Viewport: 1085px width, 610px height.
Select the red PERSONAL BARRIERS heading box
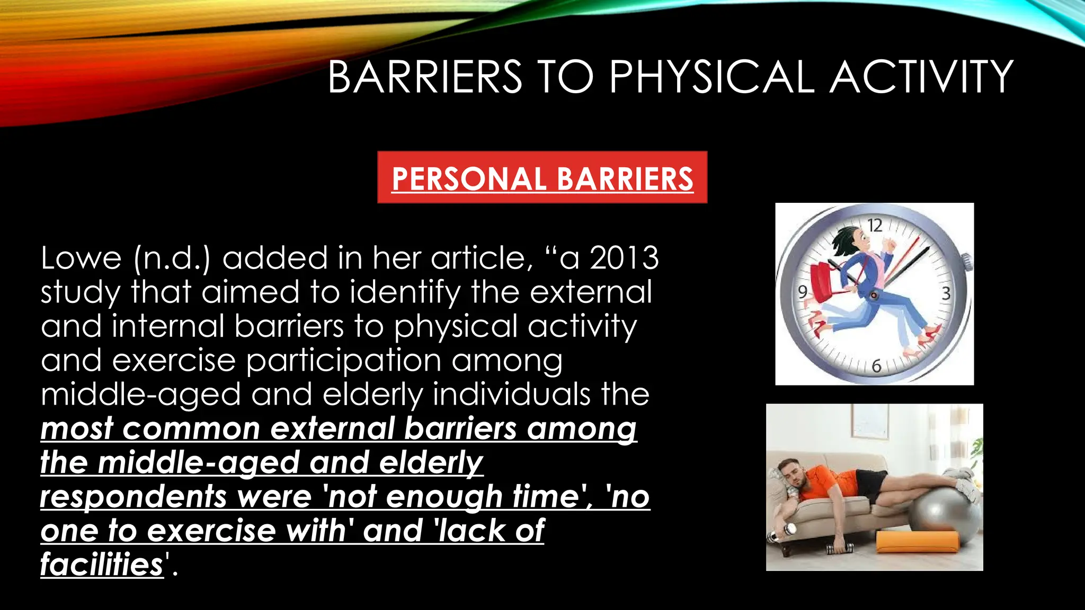click(542, 177)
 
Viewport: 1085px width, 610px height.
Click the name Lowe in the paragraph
click(81, 258)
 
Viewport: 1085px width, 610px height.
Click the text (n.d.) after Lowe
click(172, 258)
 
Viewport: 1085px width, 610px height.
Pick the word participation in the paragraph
click(343, 361)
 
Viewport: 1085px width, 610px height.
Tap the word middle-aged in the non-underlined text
click(141, 395)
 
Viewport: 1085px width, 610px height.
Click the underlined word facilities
click(102, 564)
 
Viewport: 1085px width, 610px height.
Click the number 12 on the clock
click(875, 226)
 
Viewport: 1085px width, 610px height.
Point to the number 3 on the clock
click(946, 293)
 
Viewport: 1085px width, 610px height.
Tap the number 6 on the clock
click(876, 366)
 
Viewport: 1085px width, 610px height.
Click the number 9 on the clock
click(803, 292)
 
